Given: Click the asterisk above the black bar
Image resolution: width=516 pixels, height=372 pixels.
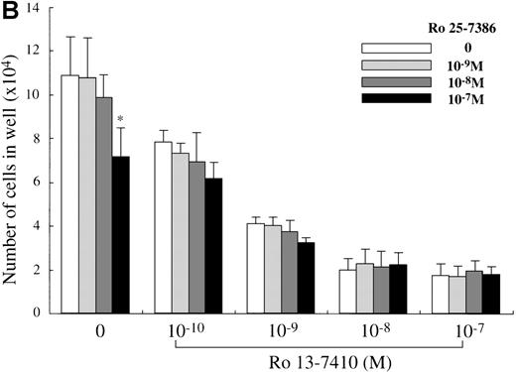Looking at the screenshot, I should coord(120,120).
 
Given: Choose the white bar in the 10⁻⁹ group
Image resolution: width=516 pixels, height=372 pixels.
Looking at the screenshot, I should coord(255,268).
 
